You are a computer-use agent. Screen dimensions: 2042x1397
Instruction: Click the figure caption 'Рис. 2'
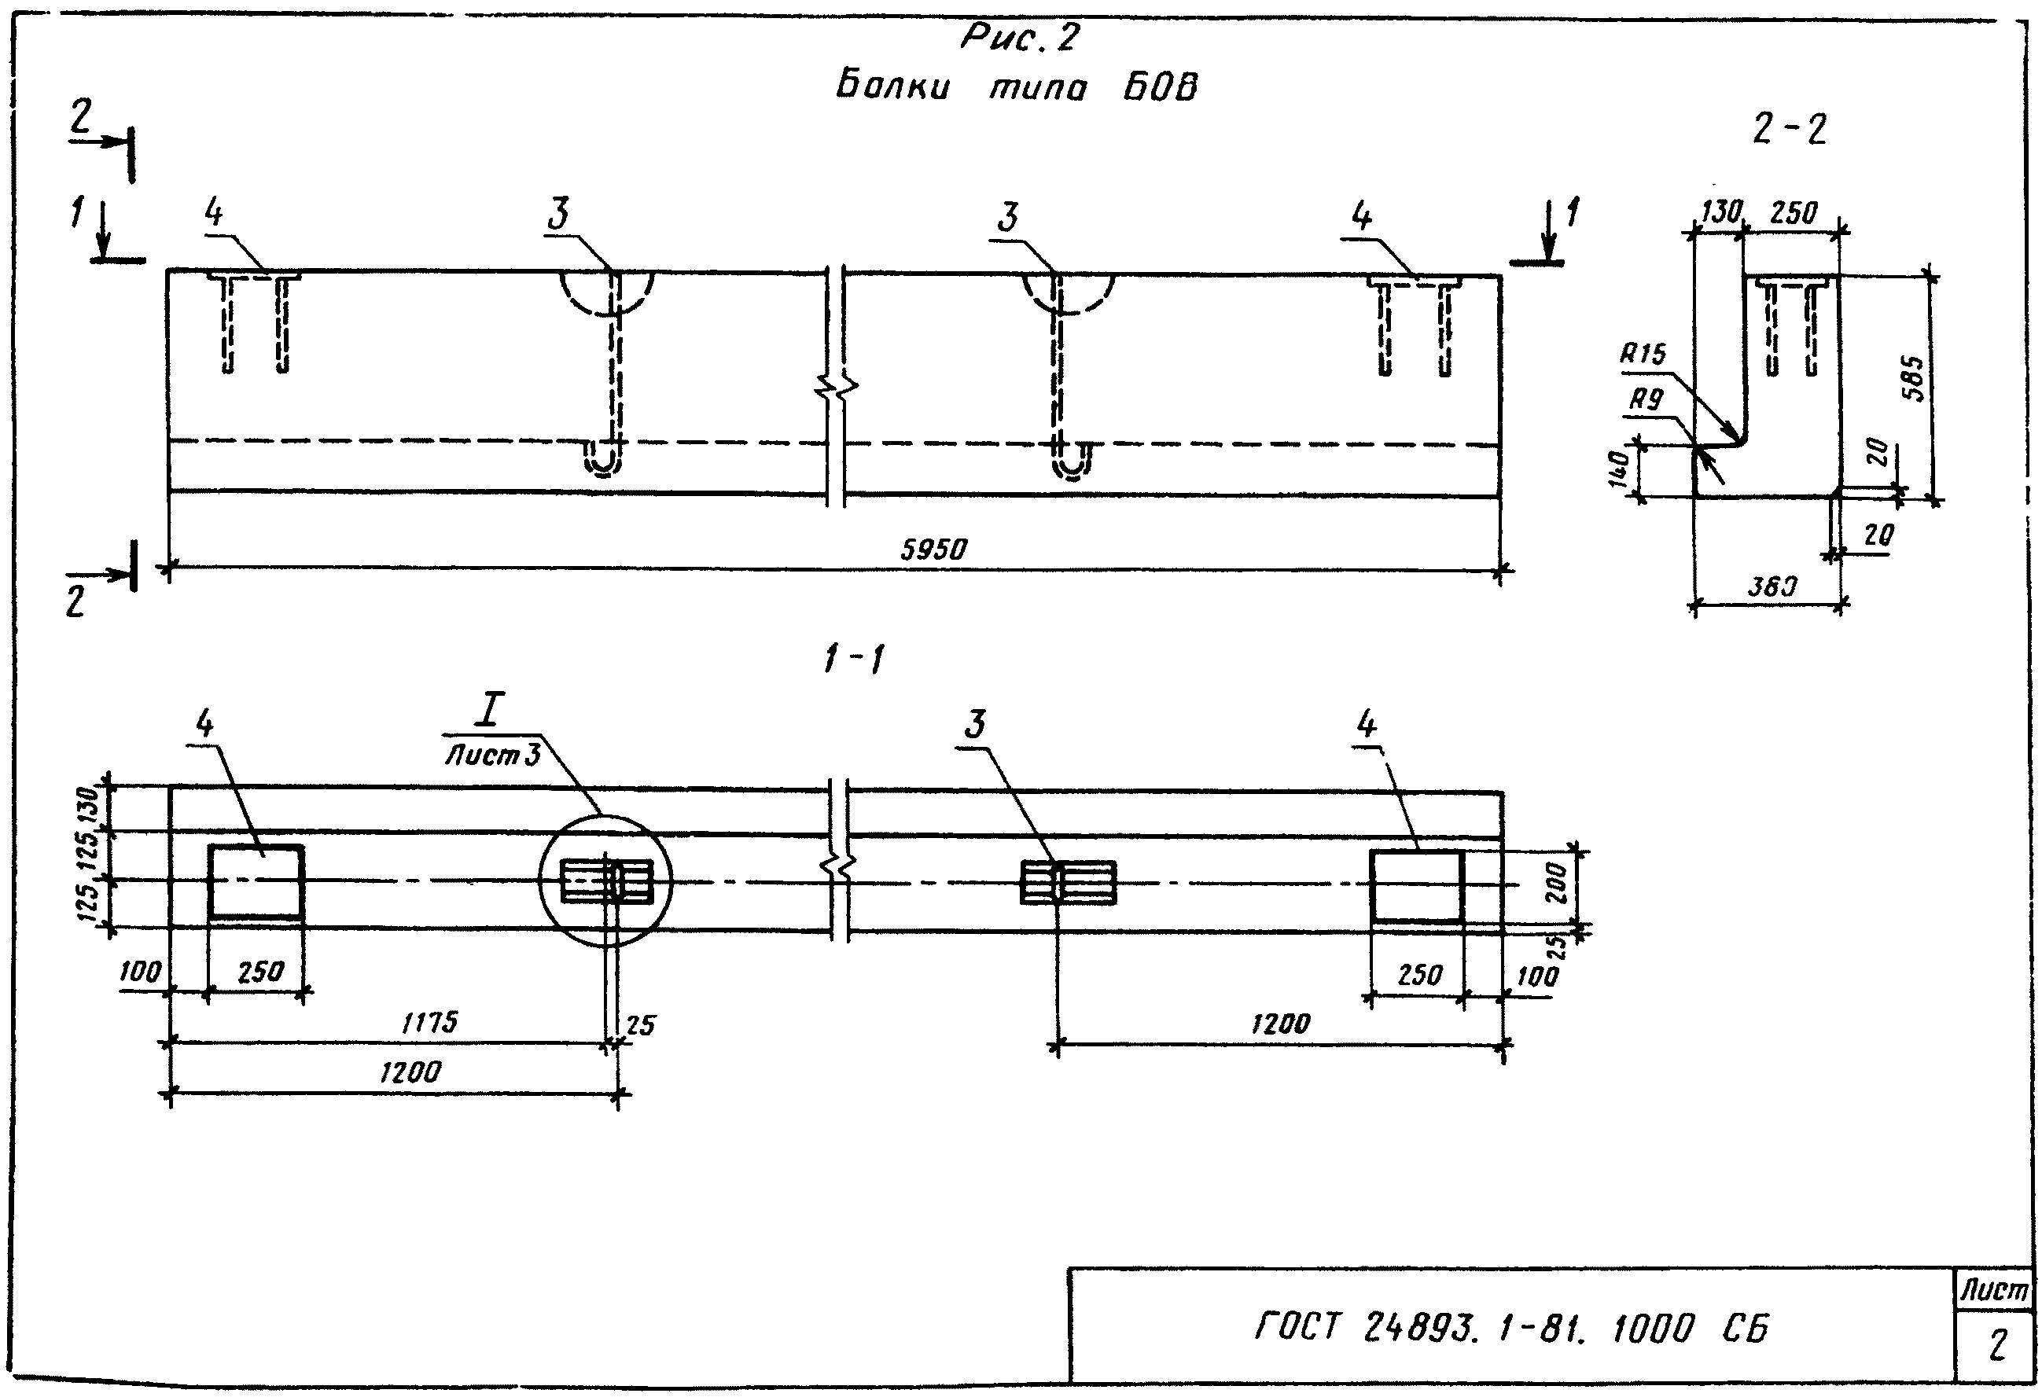coord(1019,38)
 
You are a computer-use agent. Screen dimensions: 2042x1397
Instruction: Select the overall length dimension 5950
coord(933,550)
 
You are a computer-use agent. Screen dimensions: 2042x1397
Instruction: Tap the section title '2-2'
coord(1789,130)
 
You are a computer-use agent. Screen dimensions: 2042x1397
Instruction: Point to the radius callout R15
coord(1643,354)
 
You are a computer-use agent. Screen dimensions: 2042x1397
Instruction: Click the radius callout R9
coord(1646,401)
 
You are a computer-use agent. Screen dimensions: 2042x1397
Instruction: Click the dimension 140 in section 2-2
coord(1621,469)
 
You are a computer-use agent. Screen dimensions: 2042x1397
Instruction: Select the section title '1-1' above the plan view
coord(853,659)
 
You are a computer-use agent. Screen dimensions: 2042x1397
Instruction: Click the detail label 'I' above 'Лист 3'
coord(488,710)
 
